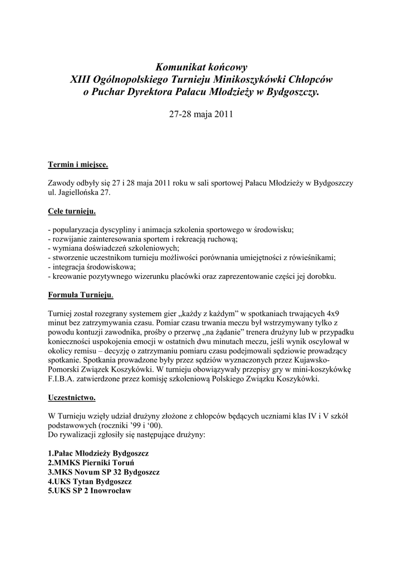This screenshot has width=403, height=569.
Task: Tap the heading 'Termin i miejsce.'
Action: pos(77,165)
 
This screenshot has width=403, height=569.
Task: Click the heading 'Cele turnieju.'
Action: pos(72,212)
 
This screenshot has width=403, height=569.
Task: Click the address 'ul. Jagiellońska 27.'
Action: pos(80,192)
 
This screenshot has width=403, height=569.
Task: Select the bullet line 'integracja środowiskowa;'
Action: pos(91,267)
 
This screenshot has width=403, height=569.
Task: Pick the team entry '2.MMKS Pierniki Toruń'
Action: pos(91,462)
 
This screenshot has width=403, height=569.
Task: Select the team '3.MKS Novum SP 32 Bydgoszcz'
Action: pos(104,472)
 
